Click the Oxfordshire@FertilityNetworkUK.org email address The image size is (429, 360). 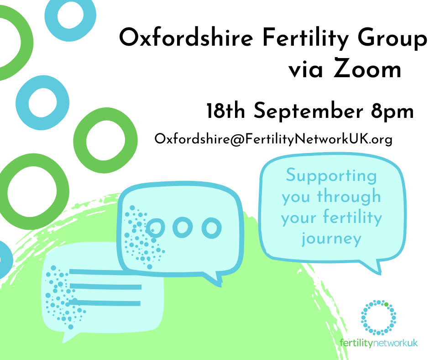(x=273, y=139)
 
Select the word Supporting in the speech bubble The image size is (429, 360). (x=332, y=175)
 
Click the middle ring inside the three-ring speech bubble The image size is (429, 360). (x=183, y=227)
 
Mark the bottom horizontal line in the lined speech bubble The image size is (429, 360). (x=105, y=302)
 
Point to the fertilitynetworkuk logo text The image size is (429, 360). (x=379, y=343)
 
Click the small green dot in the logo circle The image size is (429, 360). (x=386, y=303)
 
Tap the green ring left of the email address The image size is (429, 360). (x=105, y=140)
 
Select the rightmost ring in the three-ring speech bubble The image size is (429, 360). (x=211, y=227)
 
